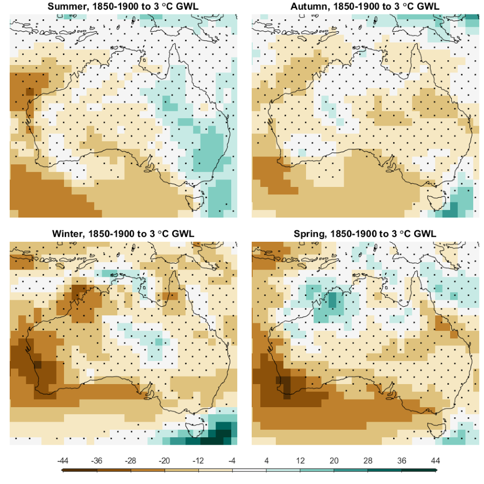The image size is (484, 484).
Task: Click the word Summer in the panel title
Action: pyautogui.click(x=63, y=6)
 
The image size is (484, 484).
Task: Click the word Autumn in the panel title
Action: pyautogui.click(x=308, y=6)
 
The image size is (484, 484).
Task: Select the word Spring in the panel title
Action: pyautogui.click(x=309, y=234)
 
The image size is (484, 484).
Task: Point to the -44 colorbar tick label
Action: pyautogui.click(x=63, y=460)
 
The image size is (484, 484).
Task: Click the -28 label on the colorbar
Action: pyautogui.click(x=131, y=460)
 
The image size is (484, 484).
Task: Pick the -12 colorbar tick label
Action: pyautogui.click(x=199, y=460)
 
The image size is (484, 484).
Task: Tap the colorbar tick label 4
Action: pyautogui.click(x=266, y=460)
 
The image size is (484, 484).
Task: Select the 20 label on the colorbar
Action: pyautogui.click(x=334, y=460)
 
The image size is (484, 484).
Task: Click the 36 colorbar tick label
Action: pyautogui.click(x=402, y=460)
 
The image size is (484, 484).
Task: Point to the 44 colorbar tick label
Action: pyautogui.click(x=436, y=460)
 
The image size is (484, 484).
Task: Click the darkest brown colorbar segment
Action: pyautogui.click(x=80, y=470)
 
